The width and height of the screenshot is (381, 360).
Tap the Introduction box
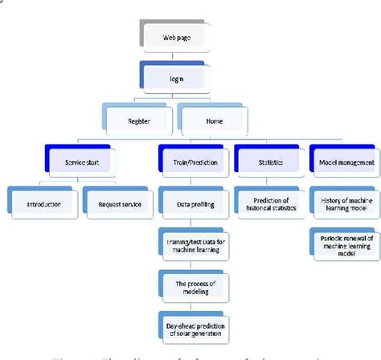pos(42,204)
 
